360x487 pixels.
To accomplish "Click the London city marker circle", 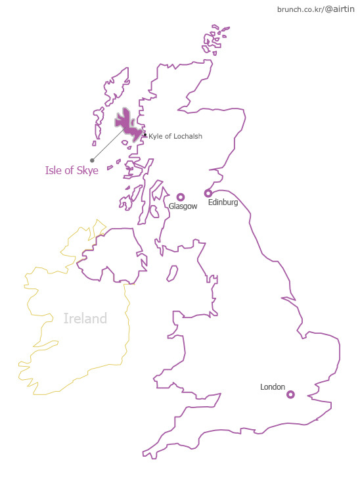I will click(x=290, y=394).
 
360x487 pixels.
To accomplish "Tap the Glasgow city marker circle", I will click(x=181, y=197).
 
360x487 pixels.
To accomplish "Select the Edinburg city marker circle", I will click(x=208, y=193).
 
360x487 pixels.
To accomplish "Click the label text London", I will click(x=273, y=387).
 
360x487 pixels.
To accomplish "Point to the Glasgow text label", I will click(x=183, y=206).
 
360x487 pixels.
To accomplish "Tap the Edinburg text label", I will click(x=223, y=202).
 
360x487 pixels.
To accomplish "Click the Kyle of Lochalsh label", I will click(x=175, y=136).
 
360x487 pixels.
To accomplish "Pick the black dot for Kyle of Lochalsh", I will click(x=145, y=135).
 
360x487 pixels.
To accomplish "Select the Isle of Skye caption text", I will click(x=72, y=171).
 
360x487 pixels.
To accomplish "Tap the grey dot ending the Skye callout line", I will click(x=92, y=160).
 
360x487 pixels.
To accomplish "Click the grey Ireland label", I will click(x=85, y=319).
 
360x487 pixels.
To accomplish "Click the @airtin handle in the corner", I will click(x=340, y=9).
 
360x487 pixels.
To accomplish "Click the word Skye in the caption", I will click(x=87, y=171).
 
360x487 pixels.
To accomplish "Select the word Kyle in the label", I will click(x=155, y=136).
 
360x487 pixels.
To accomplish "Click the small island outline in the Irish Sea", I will click(x=173, y=272).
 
